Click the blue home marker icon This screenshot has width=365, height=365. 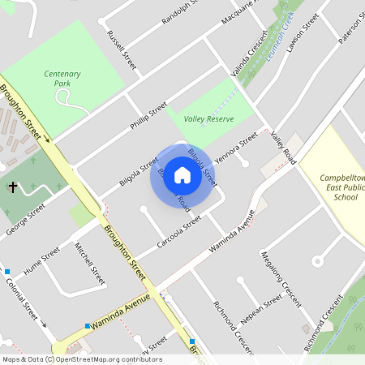182,175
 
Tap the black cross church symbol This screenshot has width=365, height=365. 12,187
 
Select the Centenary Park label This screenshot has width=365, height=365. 62,78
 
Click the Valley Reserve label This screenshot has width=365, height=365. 208,119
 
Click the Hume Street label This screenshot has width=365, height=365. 41,260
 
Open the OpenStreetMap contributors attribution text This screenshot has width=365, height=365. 81,359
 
